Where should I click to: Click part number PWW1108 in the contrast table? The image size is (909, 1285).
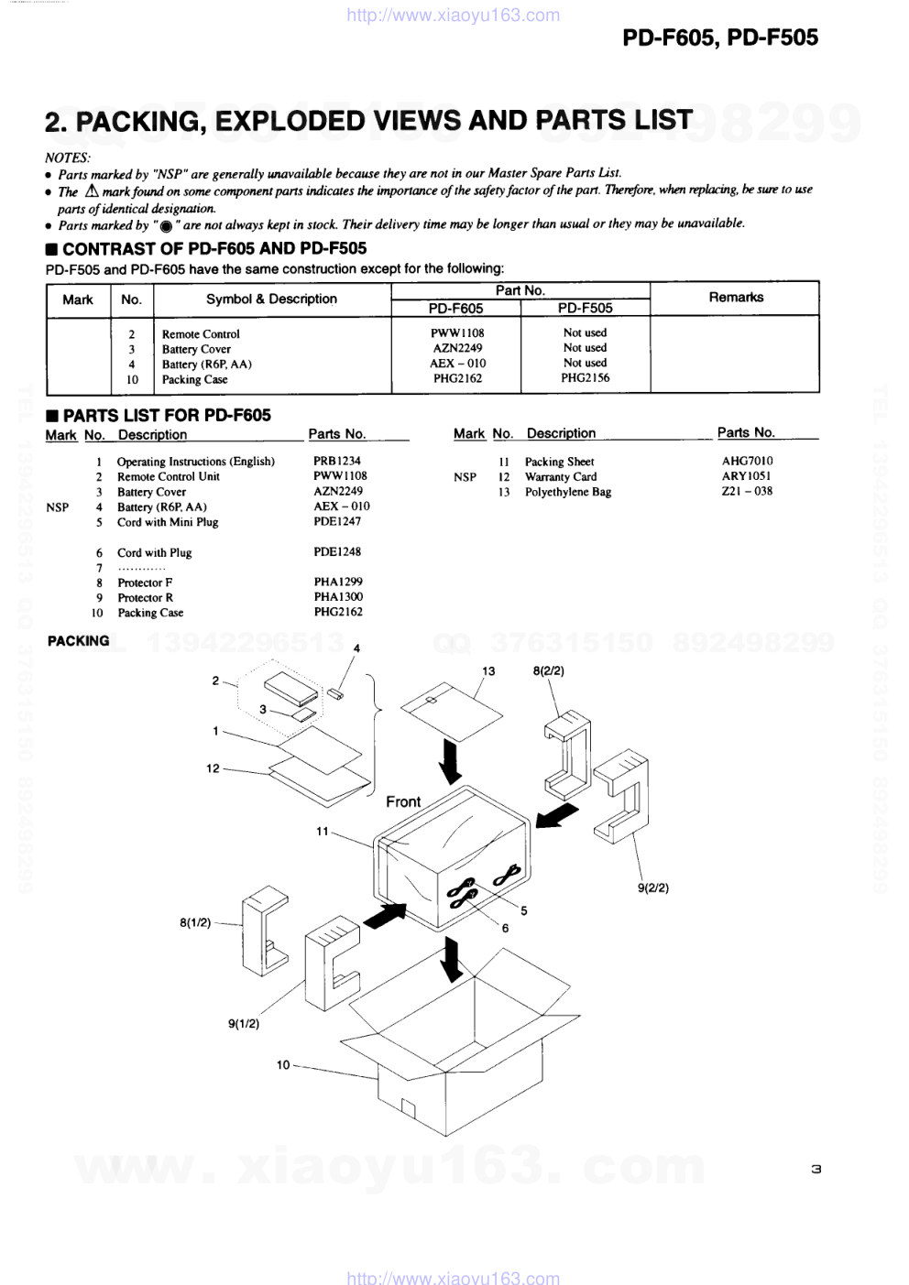point(457,333)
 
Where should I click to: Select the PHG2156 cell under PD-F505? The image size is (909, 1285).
point(585,378)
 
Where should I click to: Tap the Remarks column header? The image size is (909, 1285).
point(735,298)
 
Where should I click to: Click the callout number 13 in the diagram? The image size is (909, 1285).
point(488,671)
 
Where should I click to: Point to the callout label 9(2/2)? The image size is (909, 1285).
point(653,888)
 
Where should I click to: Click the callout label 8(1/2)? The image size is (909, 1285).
point(195,922)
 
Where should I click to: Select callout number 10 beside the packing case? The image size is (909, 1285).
point(283,1064)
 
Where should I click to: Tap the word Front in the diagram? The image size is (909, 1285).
point(403,801)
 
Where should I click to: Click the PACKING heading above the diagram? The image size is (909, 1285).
point(78,641)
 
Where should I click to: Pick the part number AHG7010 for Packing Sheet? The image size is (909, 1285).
point(747,461)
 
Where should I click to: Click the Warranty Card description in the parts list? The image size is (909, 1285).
point(560,476)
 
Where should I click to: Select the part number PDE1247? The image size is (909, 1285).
point(337,521)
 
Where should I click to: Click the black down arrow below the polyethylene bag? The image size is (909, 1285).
point(450,761)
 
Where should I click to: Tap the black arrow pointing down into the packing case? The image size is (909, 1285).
point(451,959)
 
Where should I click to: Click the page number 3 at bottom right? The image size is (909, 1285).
point(816,1169)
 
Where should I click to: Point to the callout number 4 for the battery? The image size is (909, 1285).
point(356,648)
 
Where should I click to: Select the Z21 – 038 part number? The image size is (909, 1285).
point(747,491)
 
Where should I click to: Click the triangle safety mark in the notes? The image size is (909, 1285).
point(92,191)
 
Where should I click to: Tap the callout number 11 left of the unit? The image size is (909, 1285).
point(322,832)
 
